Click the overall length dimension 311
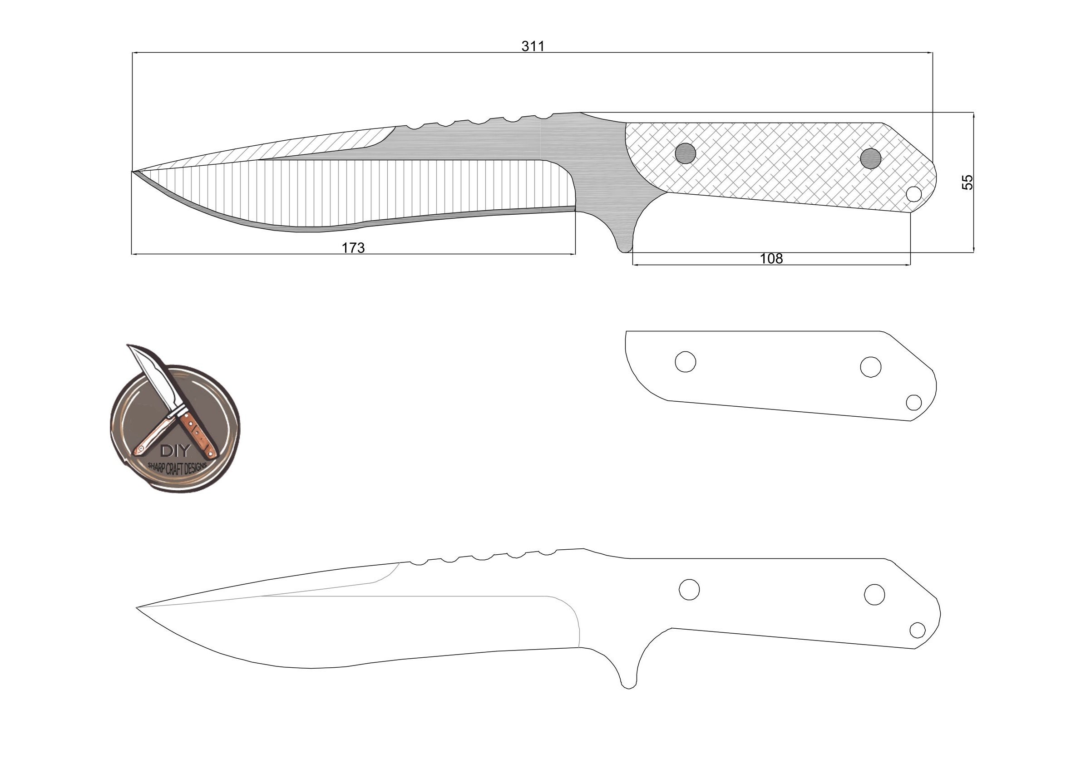click(x=533, y=46)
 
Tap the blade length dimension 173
click(x=353, y=247)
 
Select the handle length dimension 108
click(x=771, y=258)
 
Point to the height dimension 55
click(x=967, y=182)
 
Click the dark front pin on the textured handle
click(x=686, y=153)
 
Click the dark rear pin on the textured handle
click(x=870, y=158)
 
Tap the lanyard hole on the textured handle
click(x=914, y=193)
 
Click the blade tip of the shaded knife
click(x=134, y=172)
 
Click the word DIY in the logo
click(x=175, y=451)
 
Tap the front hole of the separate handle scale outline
click(x=686, y=361)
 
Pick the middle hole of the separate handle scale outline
click(x=870, y=366)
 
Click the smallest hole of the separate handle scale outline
click(x=914, y=403)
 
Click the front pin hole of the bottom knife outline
click(x=689, y=589)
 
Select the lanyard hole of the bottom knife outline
click(x=918, y=629)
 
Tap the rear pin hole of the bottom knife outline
click(x=874, y=595)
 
